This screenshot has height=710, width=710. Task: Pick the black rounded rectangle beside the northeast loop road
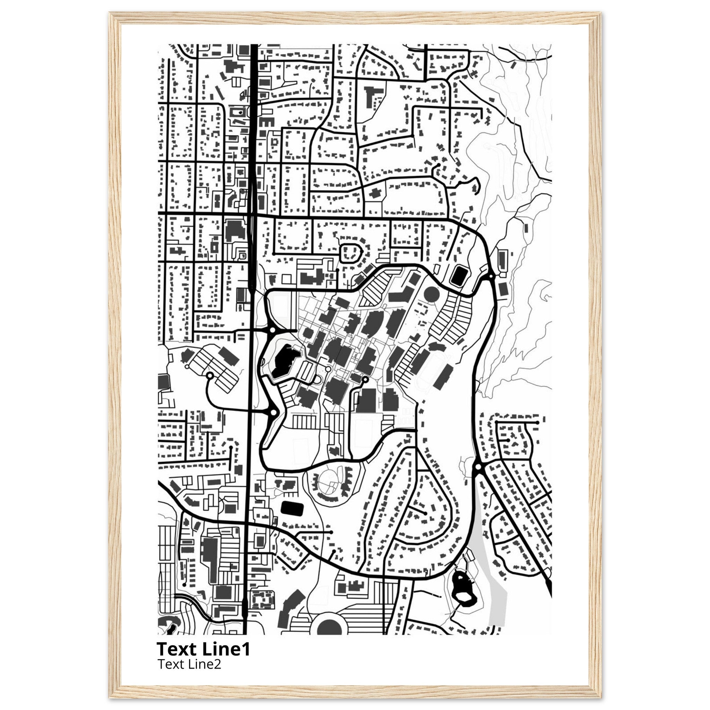pos(459,276)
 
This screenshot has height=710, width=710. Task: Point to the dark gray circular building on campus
pos(431,294)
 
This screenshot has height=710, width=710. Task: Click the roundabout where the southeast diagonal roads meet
pos(478,467)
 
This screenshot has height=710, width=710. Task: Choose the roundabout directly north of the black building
pos(272,330)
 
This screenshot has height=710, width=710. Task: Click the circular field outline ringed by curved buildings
pos(328,479)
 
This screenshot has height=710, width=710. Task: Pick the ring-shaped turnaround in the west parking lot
pos(210,375)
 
